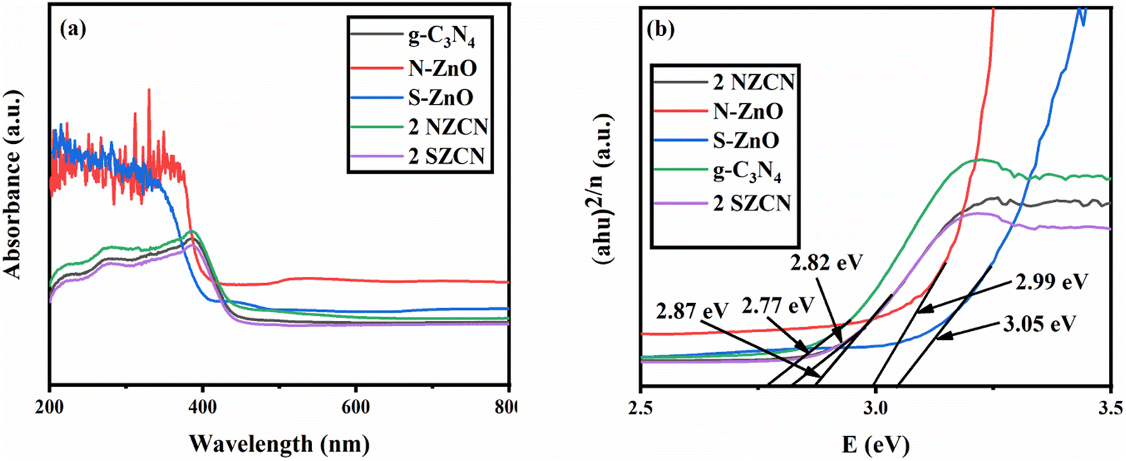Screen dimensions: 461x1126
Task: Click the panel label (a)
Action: [x=73, y=30]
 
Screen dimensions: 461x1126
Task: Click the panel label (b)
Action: [x=662, y=30]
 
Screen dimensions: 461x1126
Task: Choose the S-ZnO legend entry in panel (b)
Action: [x=746, y=140]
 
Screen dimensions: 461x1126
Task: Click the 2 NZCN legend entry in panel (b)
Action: [x=753, y=82]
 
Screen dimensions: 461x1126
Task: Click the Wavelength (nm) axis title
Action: [x=279, y=443]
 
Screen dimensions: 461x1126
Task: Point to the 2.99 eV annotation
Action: [x=1050, y=281]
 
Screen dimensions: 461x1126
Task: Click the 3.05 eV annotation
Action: [x=1038, y=324]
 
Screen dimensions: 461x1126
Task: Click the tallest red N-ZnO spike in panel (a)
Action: [x=149, y=90]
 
